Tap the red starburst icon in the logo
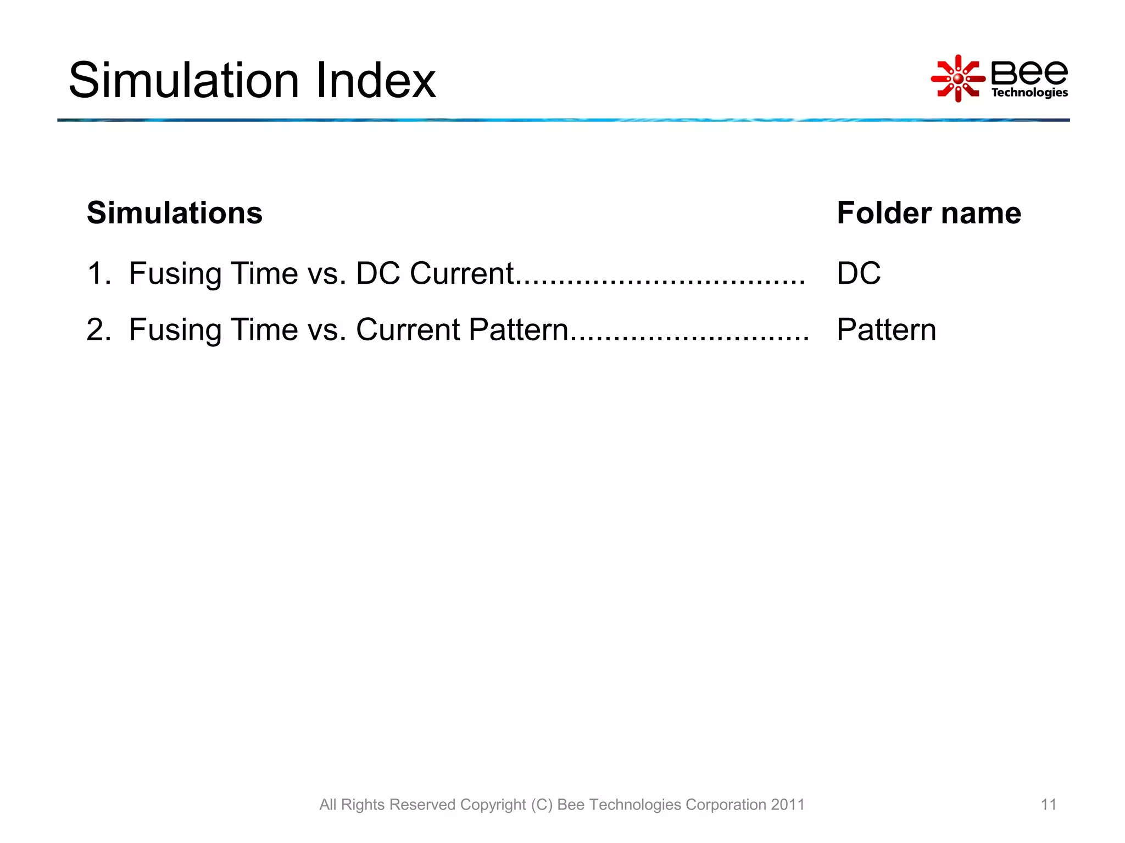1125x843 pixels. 957,78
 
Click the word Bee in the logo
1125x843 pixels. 1029,72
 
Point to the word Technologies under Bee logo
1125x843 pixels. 1029,92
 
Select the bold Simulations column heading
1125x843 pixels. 175,213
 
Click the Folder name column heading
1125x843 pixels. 928,213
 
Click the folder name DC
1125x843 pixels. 858,273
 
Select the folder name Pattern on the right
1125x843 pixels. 886,330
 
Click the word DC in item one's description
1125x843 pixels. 378,273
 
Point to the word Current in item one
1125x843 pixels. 461,273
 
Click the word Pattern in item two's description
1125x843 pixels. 518,330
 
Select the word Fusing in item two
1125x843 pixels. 175,330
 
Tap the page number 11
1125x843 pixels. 1048,805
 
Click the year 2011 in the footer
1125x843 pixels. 787,805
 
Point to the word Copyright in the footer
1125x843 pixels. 493,805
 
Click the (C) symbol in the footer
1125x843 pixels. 541,805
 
